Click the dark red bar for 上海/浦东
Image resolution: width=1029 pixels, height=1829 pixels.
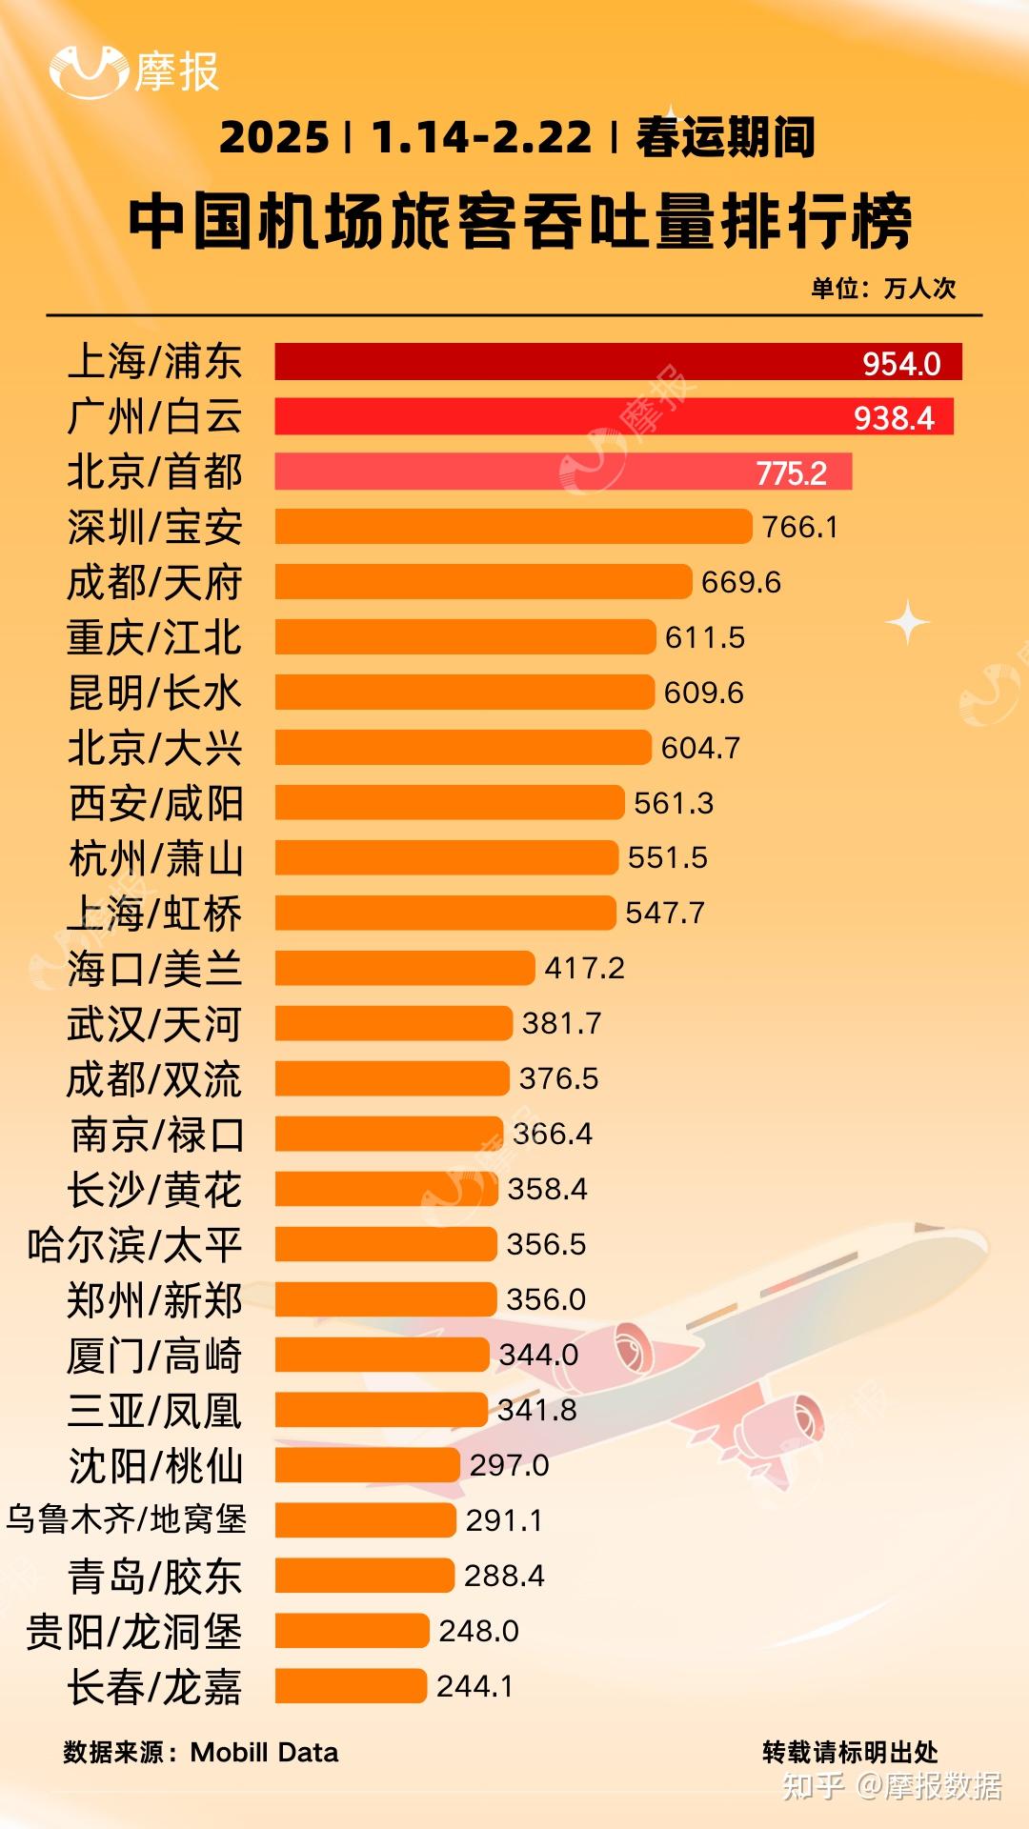point(572,362)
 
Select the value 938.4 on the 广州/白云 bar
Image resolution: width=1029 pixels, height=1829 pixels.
point(894,418)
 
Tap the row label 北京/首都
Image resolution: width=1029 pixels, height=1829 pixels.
point(154,472)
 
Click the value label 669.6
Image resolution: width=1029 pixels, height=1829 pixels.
point(740,582)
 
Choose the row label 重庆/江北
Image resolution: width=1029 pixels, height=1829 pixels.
point(154,637)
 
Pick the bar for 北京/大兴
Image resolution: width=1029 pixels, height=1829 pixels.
point(463,748)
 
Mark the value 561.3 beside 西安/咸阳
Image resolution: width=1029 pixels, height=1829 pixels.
point(674,803)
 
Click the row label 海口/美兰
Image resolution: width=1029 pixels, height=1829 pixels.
point(154,969)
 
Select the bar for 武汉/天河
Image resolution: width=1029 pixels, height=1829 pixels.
point(393,1024)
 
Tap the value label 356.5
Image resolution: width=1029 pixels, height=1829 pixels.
point(546,1244)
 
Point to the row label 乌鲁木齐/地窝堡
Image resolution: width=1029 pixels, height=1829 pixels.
point(127,1519)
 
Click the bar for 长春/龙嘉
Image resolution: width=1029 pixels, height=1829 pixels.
point(351,1686)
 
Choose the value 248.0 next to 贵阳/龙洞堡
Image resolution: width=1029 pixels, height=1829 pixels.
point(478,1631)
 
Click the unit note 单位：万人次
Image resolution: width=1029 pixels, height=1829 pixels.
point(882,288)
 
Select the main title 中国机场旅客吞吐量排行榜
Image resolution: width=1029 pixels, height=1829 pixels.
point(520,222)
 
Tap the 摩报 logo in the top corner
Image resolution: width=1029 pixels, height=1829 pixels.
point(133,71)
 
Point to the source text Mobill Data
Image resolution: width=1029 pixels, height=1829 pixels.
point(264,1752)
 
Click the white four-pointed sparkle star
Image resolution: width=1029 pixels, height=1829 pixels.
point(908,622)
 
